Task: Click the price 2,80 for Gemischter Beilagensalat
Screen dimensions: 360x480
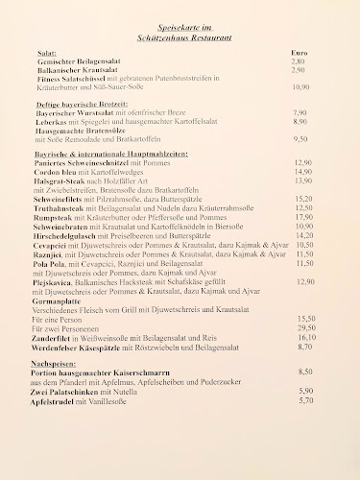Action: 298,61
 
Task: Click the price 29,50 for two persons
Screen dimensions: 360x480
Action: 306,327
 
